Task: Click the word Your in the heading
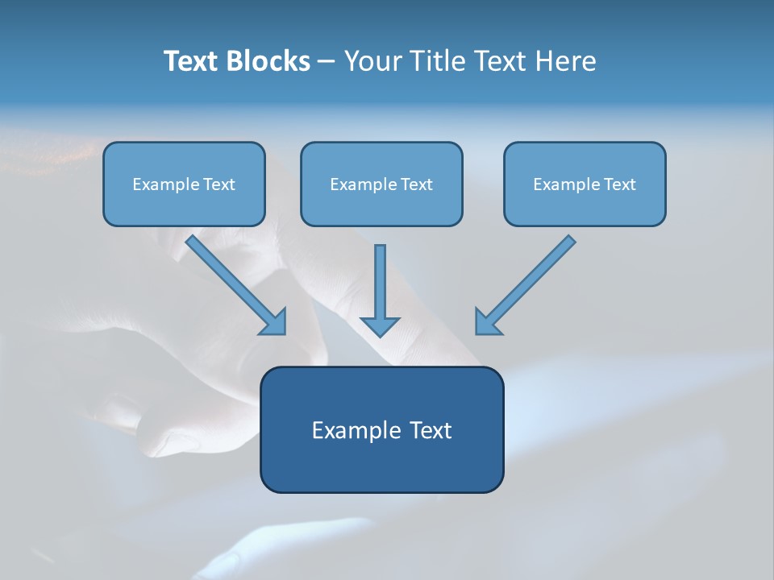371,61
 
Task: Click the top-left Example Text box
184,184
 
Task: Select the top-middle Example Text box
381,184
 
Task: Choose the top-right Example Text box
585,184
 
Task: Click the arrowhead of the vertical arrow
380,325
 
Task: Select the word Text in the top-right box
619,184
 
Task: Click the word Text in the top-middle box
416,184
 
